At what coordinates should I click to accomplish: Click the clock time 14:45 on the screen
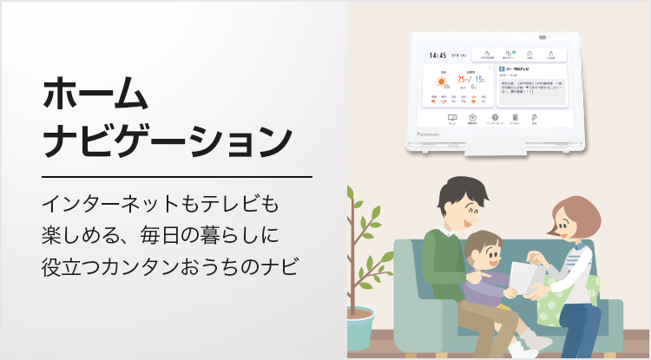[x=437, y=54]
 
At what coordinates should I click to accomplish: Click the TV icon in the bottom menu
[x=452, y=117]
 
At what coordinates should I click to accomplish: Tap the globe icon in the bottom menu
[x=494, y=117]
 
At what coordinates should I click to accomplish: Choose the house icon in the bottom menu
[x=473, y=117]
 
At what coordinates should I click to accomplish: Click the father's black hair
[x=456, y=193]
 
